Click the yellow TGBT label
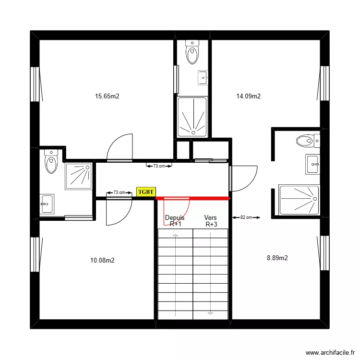click(x=146, y=192)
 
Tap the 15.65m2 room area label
click(x=107, y=96)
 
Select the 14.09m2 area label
click(x=249, y=96)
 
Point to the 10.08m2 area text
click(x=102, y=261)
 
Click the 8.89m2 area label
click(x=277, y=258)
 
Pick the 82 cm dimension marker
click(x=246, y=217)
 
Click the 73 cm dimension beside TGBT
click(x=119, y=192)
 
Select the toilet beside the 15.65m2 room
click(x=50, y=162)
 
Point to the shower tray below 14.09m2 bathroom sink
click(x=192, y=117)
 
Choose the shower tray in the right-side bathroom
click(x=299, y=199)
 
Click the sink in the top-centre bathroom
click(x=203, y=76)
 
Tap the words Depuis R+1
click(x=175, y=221)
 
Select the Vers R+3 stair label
click(x=210, y=221)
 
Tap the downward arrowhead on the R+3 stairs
click(x=210, y=313)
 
